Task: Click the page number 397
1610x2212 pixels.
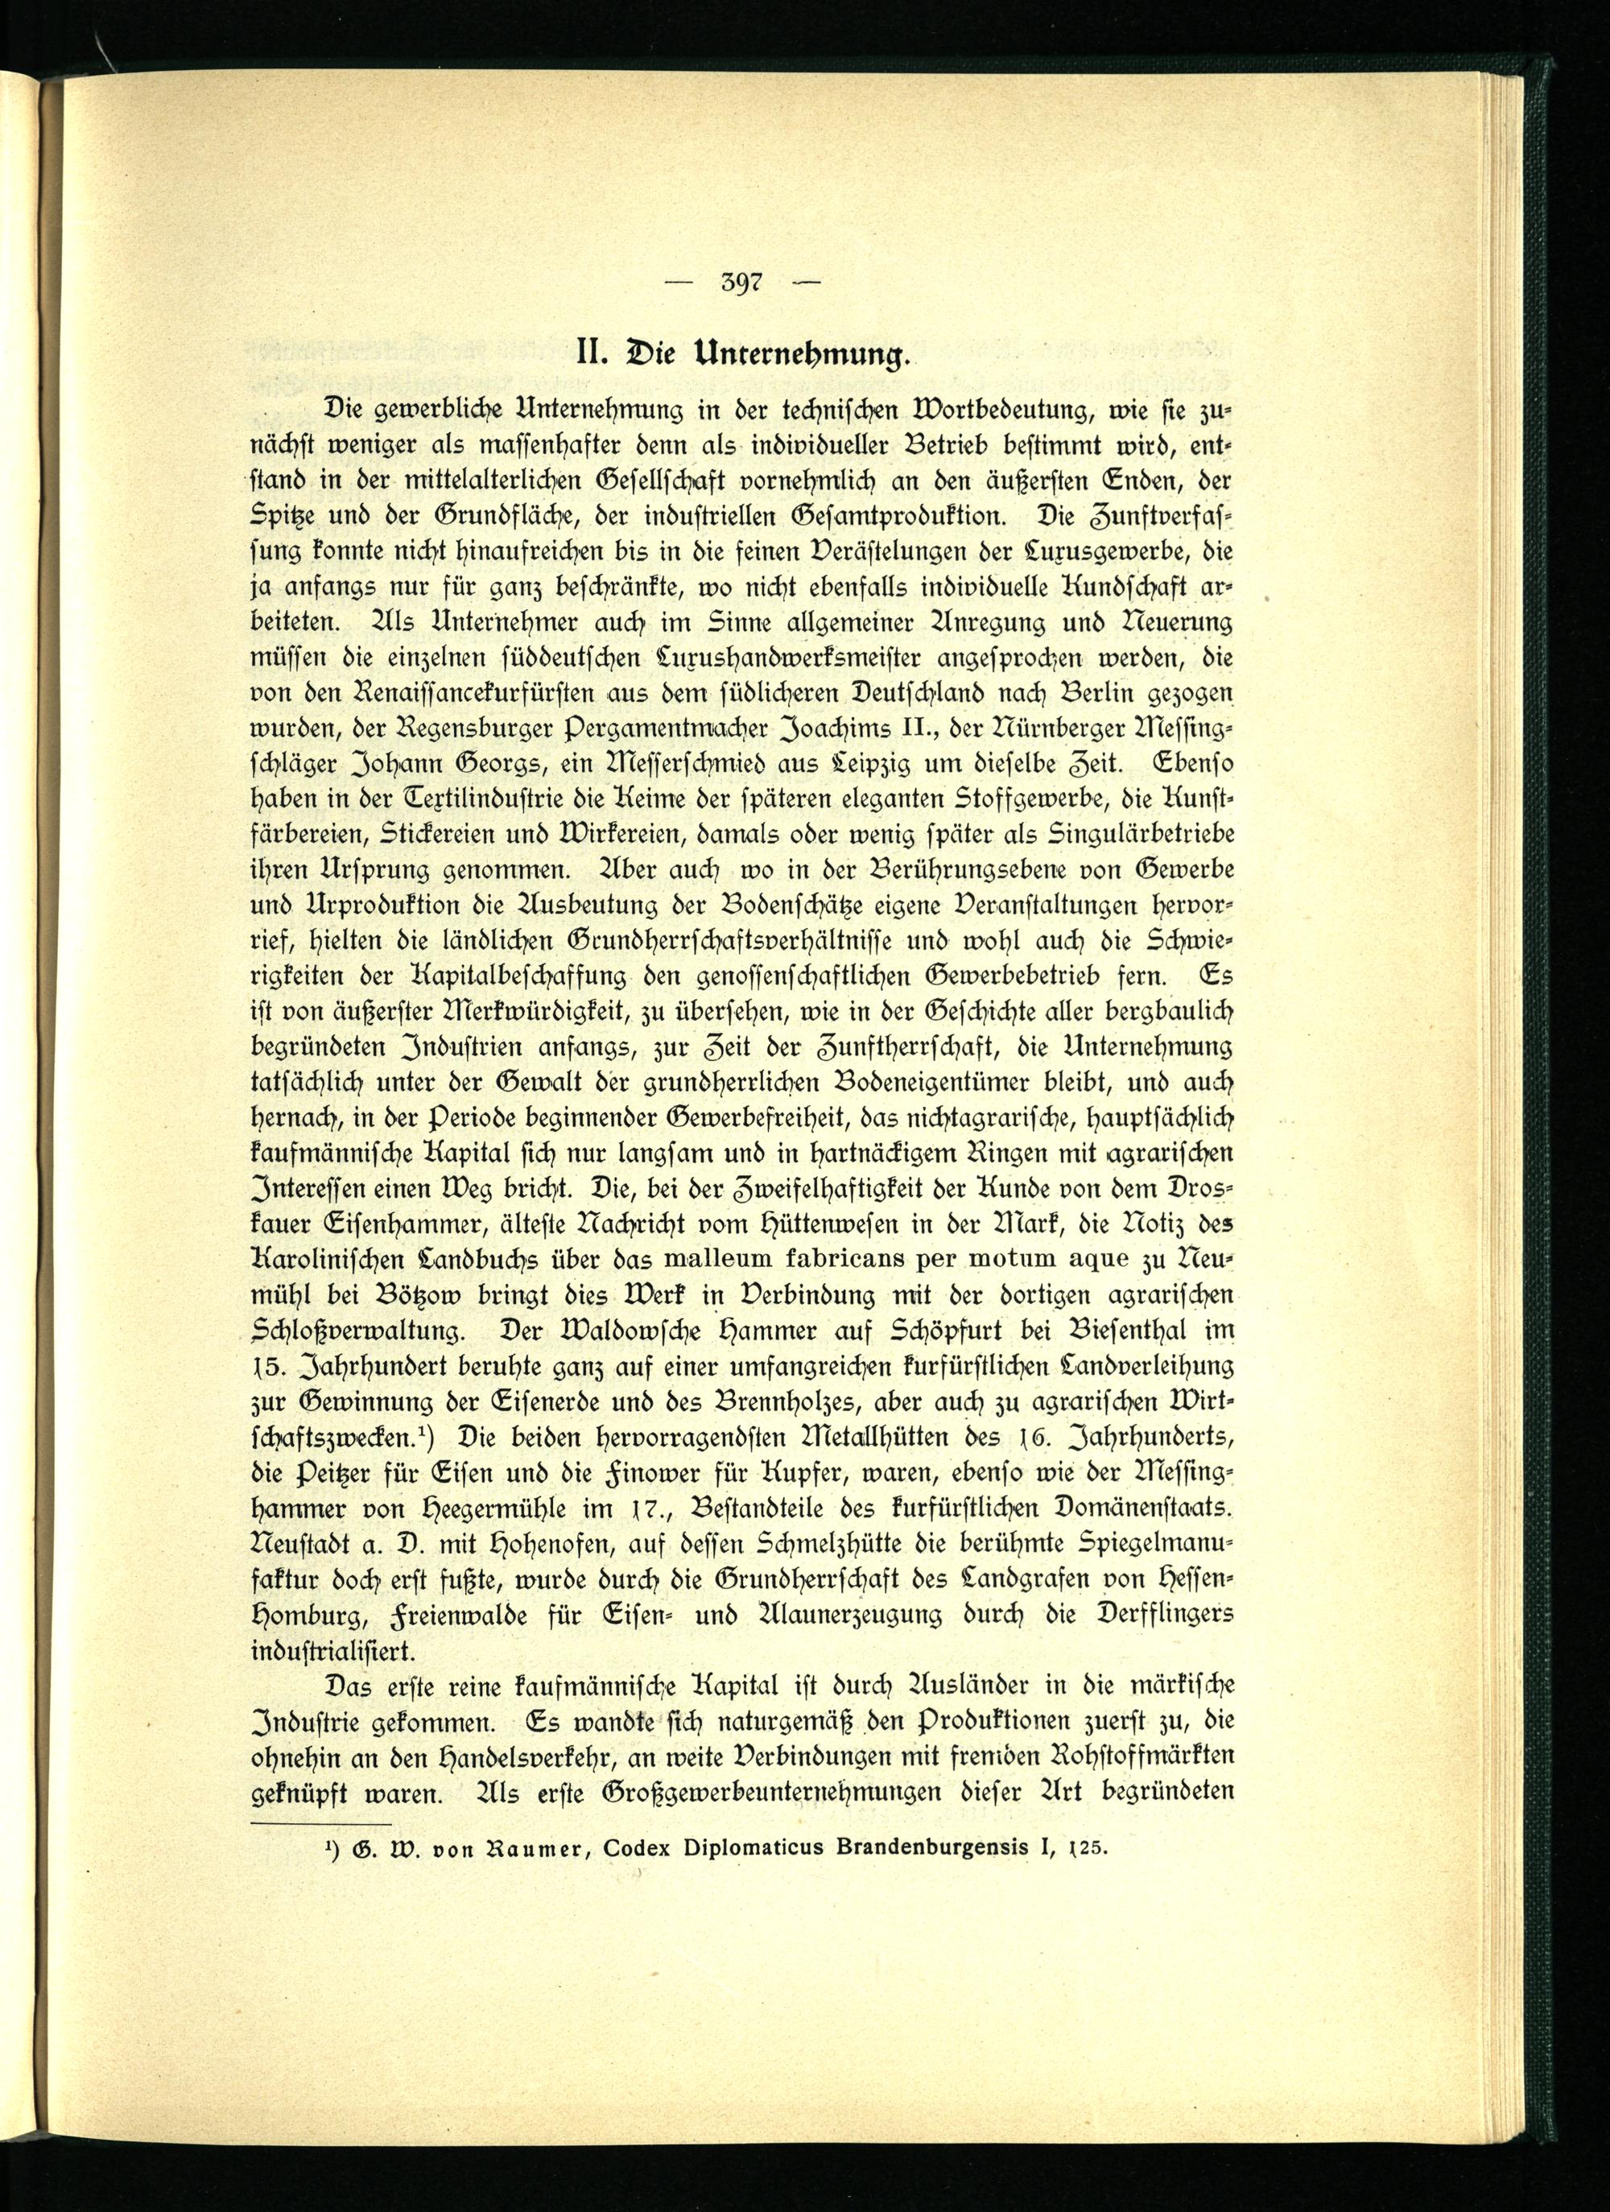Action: click(741, 283)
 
